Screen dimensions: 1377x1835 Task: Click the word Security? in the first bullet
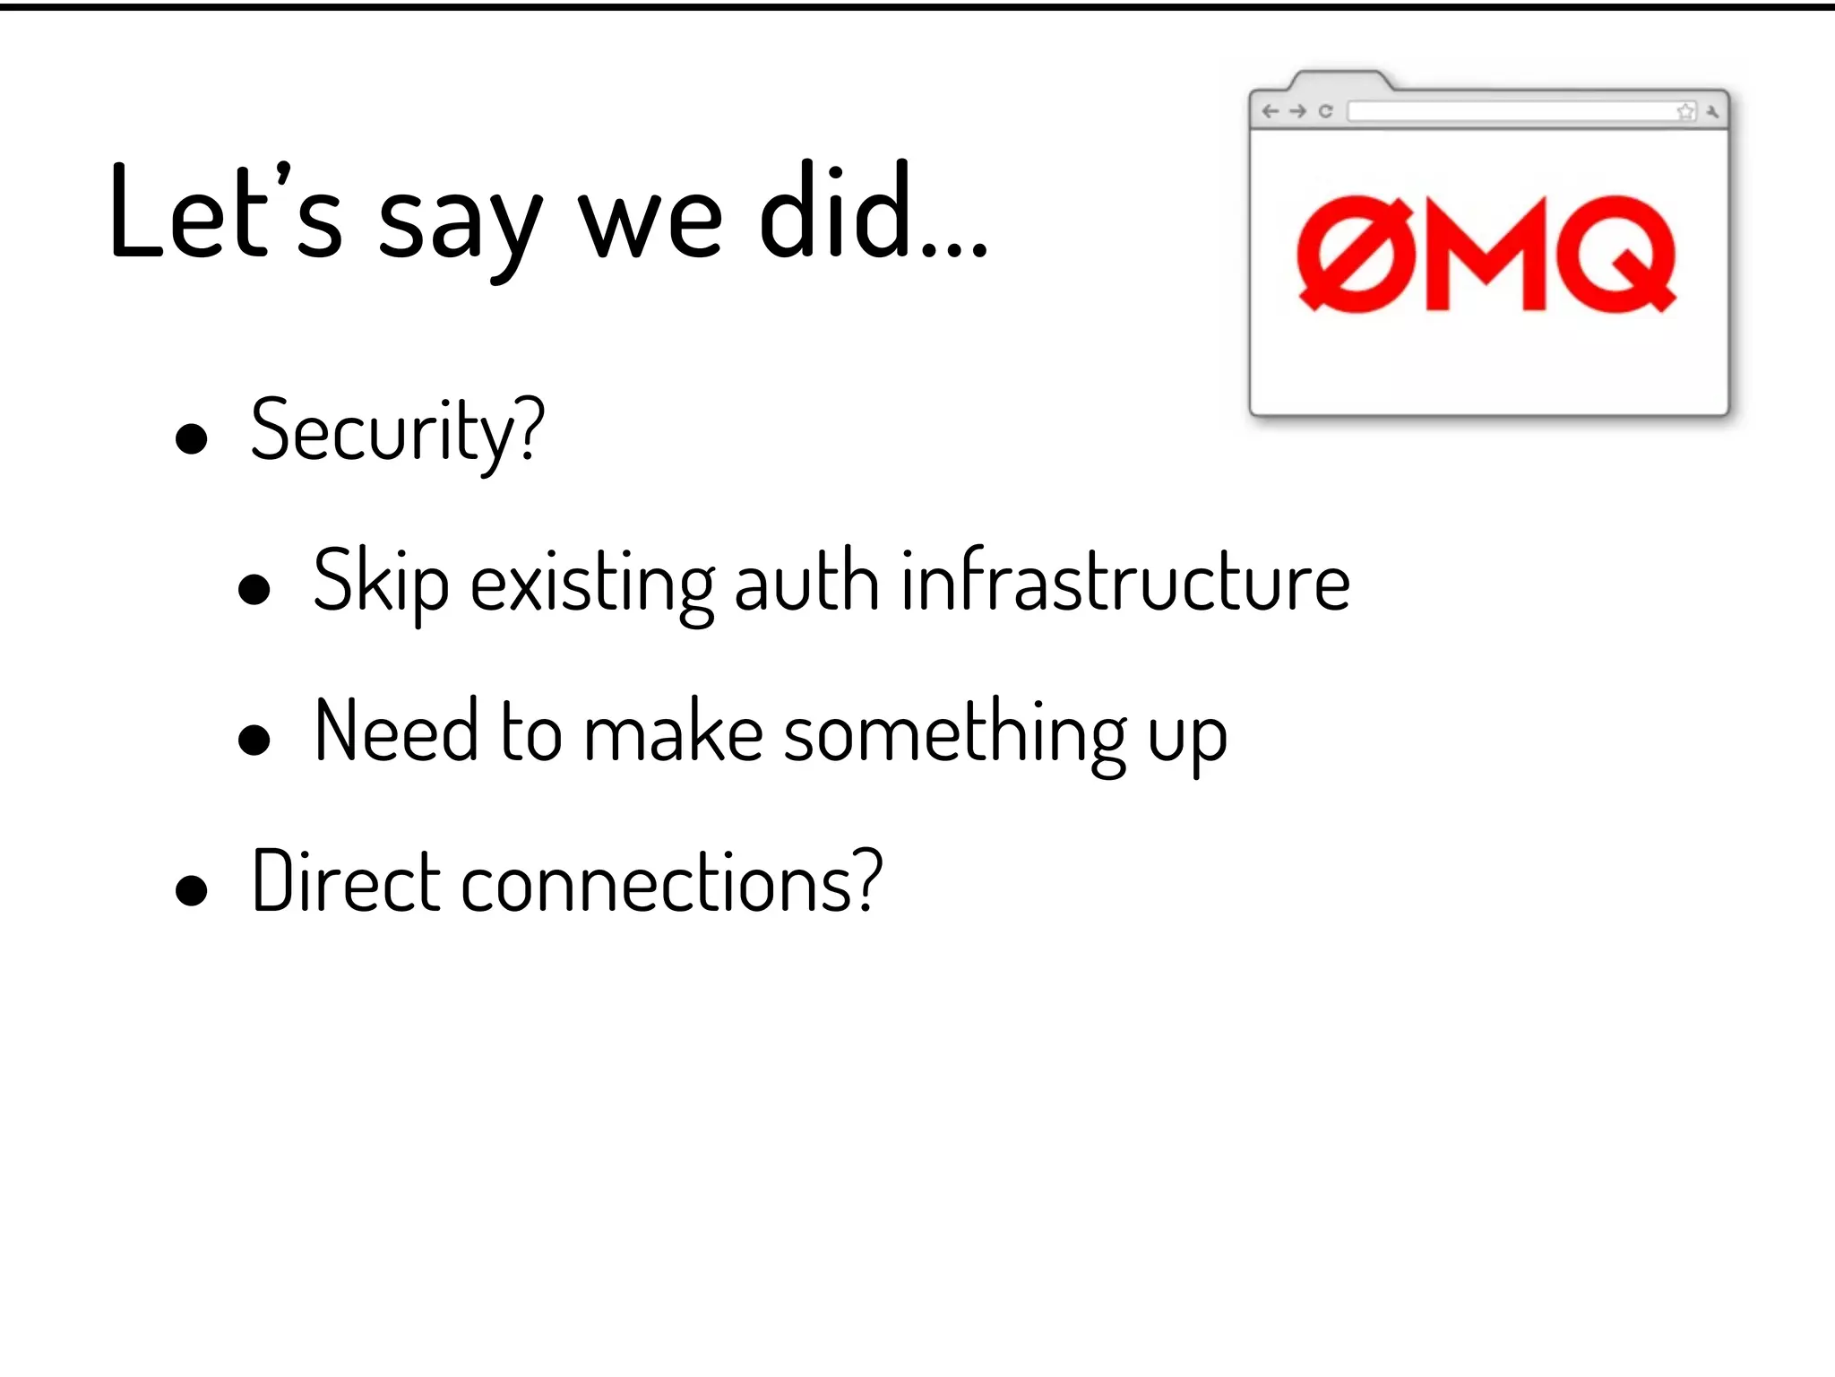point(397,433)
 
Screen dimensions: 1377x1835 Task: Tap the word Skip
point(381,583)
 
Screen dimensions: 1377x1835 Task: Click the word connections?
point(672,884)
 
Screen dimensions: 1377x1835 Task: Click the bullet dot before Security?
point(192,439)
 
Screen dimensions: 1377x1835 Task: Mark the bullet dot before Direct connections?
point(192,891)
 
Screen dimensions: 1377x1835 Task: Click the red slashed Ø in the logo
point(1355,254)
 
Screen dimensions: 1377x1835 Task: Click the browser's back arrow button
point(1270,111)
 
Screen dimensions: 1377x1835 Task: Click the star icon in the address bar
point(1685,111)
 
